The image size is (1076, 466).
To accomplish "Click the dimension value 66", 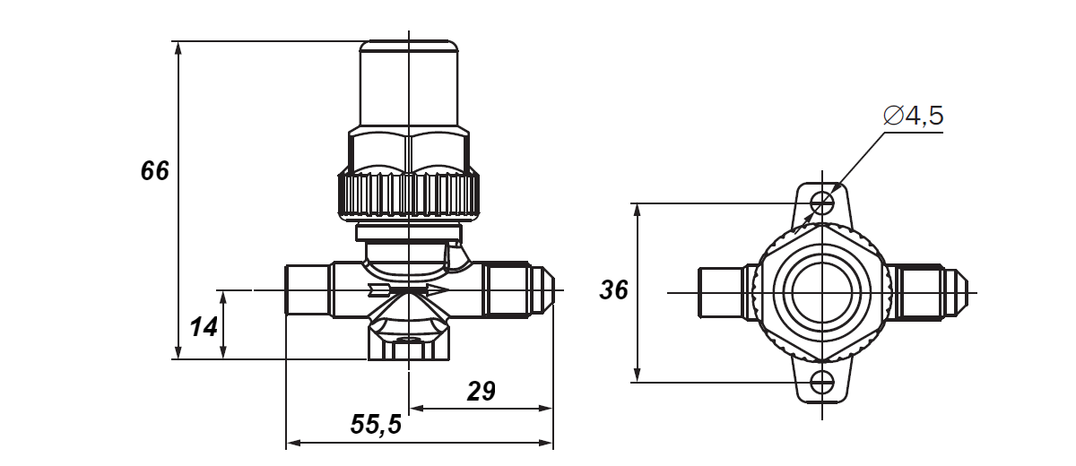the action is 154,171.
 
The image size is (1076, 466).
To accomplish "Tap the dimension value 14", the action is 204,327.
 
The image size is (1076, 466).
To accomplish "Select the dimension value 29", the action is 481,391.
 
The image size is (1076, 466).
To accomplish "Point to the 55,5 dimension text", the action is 376,425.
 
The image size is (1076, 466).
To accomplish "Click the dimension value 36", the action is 613,290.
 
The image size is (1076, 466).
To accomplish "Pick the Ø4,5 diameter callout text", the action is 913,116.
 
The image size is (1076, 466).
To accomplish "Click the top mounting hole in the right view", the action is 822,203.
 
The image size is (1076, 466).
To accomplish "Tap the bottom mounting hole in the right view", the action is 822,383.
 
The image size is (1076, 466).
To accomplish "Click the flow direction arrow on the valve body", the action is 408,289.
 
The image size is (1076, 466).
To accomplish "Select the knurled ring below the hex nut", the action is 409,194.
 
